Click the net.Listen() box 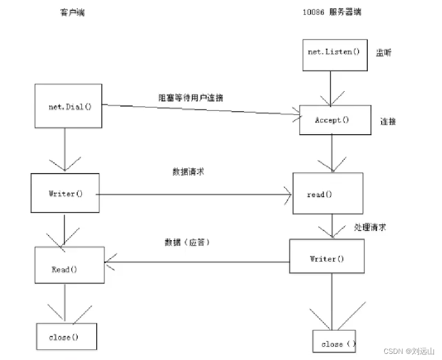point(335,53)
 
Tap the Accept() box point(335,120)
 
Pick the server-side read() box point(327,193)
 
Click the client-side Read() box point(69,265)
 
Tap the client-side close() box point(65,336)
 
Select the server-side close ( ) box point(335,342)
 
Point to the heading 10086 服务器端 point(332,12)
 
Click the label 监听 point(384,53)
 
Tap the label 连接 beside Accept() point(387,121)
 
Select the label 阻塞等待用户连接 point(190,98)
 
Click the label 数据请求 point(188,172)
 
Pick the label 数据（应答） point(188,242)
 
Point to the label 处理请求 point(370,227)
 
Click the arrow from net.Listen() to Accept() point(330,87)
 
